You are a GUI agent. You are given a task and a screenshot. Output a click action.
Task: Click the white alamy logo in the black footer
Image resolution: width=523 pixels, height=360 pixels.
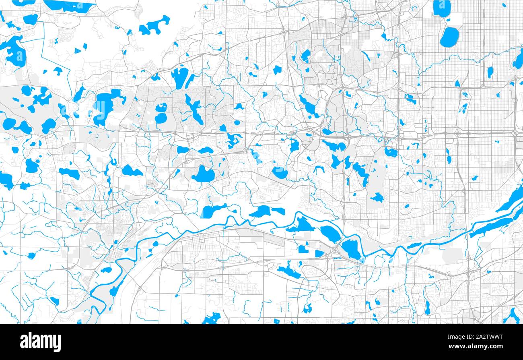(41, 341)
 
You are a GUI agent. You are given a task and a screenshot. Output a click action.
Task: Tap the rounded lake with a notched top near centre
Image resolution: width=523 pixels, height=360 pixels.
(203, 174)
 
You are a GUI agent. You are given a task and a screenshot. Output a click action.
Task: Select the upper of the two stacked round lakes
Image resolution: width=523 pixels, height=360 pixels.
(161, 108)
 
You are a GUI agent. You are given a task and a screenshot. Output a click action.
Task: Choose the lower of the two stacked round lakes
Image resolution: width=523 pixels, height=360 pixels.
(161, 118)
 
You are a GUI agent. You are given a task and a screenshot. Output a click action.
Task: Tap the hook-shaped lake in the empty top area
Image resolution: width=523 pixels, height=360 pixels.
(155, 25)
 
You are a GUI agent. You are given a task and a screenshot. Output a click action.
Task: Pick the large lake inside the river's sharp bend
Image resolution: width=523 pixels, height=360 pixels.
(351, 249)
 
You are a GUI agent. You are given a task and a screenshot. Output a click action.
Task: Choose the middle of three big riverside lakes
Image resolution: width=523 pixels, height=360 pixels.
(330, 234)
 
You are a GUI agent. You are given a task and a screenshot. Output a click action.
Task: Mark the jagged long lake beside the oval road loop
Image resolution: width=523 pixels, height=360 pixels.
(289, 272)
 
